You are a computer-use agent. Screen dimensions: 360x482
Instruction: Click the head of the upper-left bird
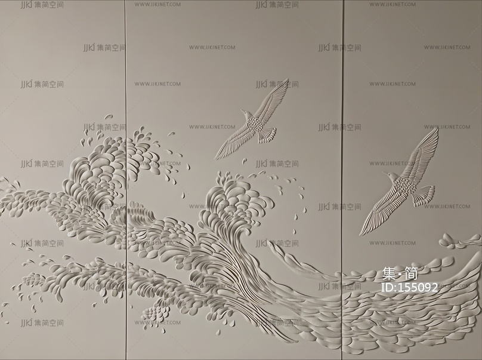(x=244, y=112)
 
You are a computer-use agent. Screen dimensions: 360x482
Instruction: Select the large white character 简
(x=412, y=274)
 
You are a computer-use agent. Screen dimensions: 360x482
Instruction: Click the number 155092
(x=417, y=287)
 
